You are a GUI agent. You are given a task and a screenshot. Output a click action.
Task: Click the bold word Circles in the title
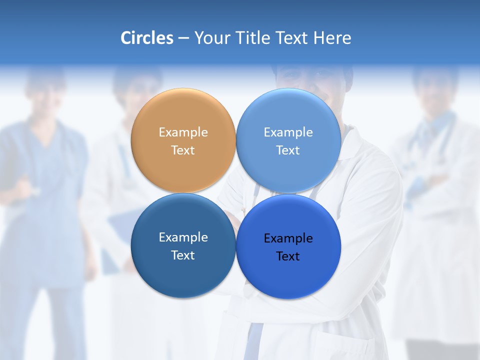point(146,38)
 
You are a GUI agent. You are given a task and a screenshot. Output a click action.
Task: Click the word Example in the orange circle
point(183,132)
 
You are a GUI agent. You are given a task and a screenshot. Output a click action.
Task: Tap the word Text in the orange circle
point(183,150)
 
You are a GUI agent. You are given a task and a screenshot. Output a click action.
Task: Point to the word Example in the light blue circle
point(288,132)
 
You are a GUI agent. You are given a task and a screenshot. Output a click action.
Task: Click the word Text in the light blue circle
point(288,150)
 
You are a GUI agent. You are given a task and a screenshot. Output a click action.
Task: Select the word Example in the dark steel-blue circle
point(183,237)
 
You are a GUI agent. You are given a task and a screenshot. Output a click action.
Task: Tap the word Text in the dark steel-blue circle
point(183,255)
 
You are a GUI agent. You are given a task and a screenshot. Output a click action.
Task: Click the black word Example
point(288,238)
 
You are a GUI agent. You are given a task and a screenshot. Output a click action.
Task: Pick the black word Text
point(288,256)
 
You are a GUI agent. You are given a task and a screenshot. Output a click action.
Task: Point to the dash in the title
point(183,38)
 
